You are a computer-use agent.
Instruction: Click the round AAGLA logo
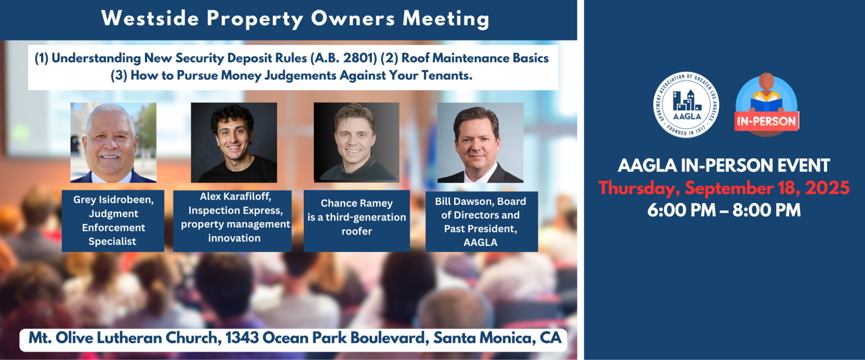tap(686, 105)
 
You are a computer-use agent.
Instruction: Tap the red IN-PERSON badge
tap(767, 121)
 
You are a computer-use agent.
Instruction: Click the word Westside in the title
tap(150, 18)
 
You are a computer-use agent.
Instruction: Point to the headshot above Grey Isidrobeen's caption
tap(114, 143)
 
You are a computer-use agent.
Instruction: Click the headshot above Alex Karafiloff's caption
tap(234, 143)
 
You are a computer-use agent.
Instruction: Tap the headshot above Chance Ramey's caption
tap(356, 143)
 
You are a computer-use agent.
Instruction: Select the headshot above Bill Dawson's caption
tap(481, 143)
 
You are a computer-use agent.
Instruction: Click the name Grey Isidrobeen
tap(114, 199)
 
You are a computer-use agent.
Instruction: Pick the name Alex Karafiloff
tap(236, 197)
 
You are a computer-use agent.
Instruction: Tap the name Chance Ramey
tap(356, 203)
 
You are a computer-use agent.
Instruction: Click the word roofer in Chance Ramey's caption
tap(356, 231)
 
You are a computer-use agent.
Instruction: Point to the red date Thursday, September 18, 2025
tap(724, 188)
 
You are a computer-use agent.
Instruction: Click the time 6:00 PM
tap(682, 210)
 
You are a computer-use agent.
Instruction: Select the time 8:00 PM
tap(767, 210)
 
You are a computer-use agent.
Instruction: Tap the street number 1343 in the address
tap(242, 338)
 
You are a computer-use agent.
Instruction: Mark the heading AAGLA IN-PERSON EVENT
tap(724, 166)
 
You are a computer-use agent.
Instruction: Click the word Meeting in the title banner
tap(446, 19)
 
